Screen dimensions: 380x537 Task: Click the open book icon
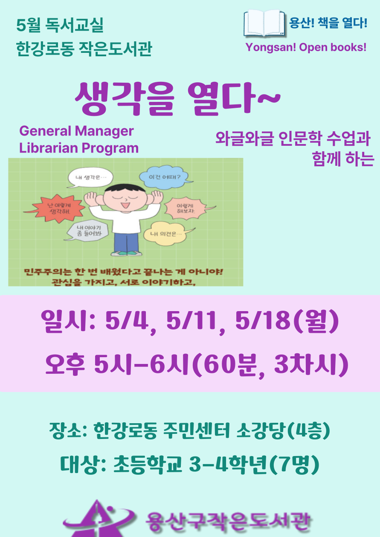pos(264,23)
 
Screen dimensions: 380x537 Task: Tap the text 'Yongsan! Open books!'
pos(306,47)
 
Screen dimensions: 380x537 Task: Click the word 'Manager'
pos(104,132)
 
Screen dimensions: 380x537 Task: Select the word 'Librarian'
pos(49,148)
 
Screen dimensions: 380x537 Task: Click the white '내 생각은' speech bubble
pos(90,178)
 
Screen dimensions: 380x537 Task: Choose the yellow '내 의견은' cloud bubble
pos(167,233)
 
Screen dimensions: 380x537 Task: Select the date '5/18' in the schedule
pos(263,320)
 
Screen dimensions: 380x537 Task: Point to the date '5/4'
pos(127,320)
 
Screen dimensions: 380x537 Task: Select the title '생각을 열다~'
pos(178,99)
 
